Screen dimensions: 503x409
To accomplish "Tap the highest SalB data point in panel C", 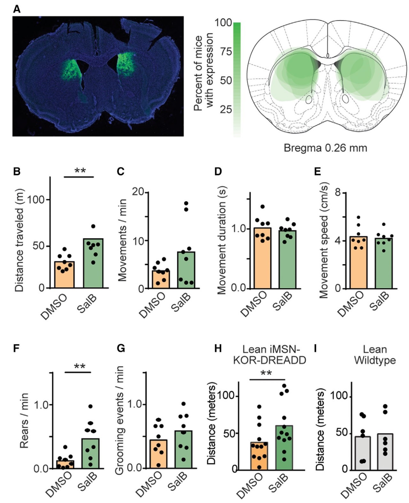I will [x=186, y=203].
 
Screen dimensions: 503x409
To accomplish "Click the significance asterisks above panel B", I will [x=80, y=171].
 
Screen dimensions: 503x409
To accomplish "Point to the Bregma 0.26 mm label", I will [x=325, y=148].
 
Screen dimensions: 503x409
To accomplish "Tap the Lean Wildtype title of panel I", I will [x=375, y=355].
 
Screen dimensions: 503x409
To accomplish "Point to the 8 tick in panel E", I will [x=338, y=193].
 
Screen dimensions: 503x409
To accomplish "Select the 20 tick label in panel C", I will [x=138, y=192].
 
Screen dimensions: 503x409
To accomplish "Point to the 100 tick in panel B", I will [x=35, y=200].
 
